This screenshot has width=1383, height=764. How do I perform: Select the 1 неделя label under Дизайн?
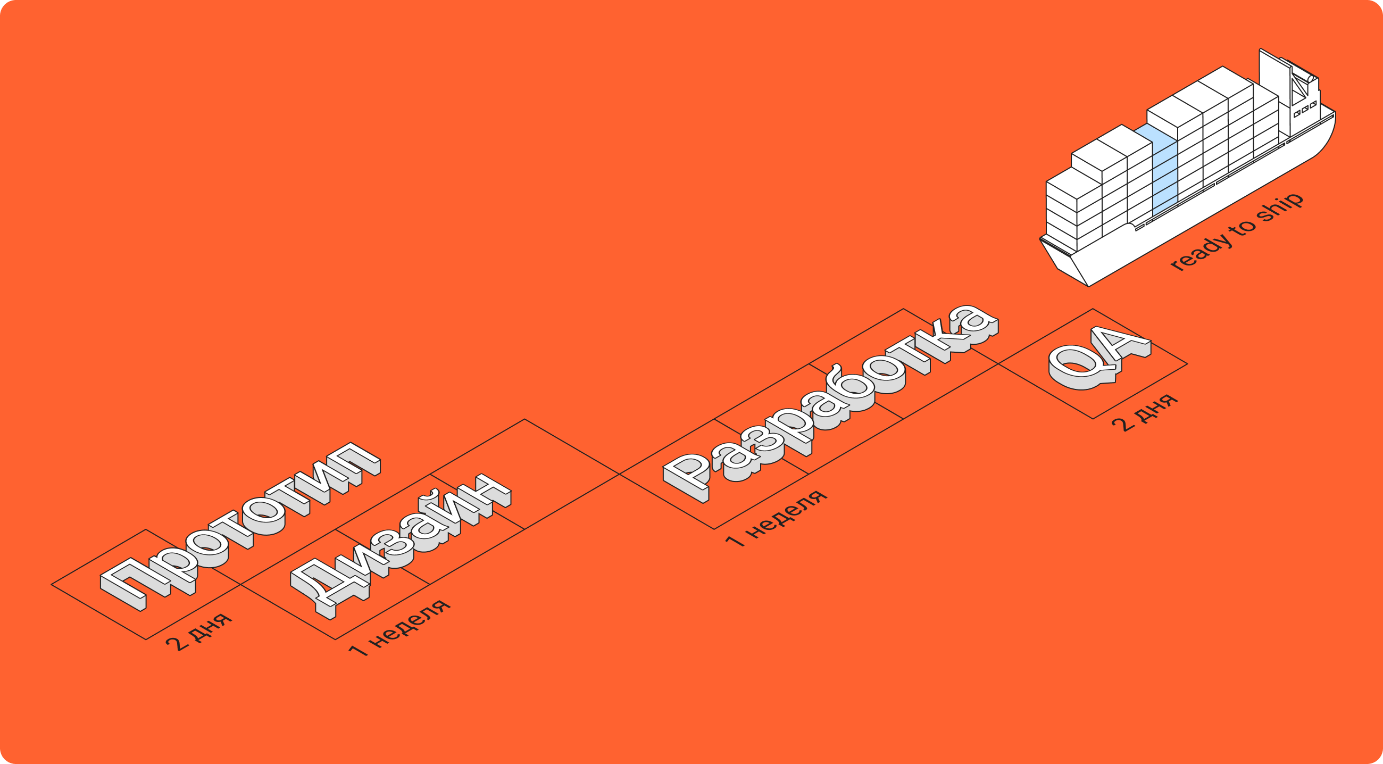tap(400, 628)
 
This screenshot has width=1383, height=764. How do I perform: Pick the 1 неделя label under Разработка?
tap(776, 518)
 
